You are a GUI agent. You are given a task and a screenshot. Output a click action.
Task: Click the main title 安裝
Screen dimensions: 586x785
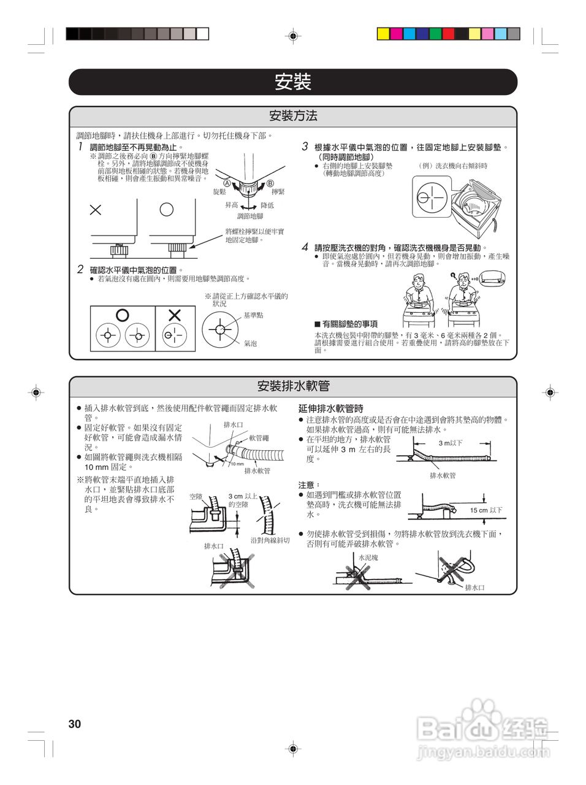click(x=293, y=82)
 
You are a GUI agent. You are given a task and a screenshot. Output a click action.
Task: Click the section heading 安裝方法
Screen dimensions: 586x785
click(x=293, y=116)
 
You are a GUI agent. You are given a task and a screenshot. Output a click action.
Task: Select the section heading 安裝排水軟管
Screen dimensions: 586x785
click(x=293, y=386)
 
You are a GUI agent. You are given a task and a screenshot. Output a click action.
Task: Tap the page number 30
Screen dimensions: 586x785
click(x=75, y=724)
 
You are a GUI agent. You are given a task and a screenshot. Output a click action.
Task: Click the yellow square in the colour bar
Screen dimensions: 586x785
click(x=383, y=34)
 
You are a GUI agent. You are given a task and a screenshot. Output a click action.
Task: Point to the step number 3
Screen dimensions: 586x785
click(x=305, y=147)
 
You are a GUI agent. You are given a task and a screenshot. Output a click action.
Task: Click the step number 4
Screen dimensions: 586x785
click(x=305, y=247)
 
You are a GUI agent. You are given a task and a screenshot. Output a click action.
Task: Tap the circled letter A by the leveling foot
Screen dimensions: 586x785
click(x=227, y=183)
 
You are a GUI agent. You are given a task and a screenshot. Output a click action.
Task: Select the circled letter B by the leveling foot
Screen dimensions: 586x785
click(x=270, y=183)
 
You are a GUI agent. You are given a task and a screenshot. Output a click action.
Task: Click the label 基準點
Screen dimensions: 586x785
click(x=253, y=315)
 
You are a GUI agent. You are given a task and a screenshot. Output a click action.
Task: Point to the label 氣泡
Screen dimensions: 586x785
click(x=251, y=343)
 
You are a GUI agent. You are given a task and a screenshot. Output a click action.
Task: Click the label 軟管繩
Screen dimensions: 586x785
click(x=259, y=438)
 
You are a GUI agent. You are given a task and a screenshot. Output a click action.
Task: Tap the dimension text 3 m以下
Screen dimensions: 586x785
click(x=451, y=443)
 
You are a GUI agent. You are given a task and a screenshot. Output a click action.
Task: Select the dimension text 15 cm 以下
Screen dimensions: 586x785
click(x=486, y=510)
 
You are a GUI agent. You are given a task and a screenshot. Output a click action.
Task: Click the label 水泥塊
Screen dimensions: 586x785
click(x=368, y=557)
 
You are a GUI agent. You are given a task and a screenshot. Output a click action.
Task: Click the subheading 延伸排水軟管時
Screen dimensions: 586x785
click(x=331, y=408)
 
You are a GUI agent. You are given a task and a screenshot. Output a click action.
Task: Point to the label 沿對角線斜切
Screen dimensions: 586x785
click(x=270, y=540)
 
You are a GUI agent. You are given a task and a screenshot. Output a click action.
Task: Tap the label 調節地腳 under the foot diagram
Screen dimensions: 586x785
click(x=250, y=216)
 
